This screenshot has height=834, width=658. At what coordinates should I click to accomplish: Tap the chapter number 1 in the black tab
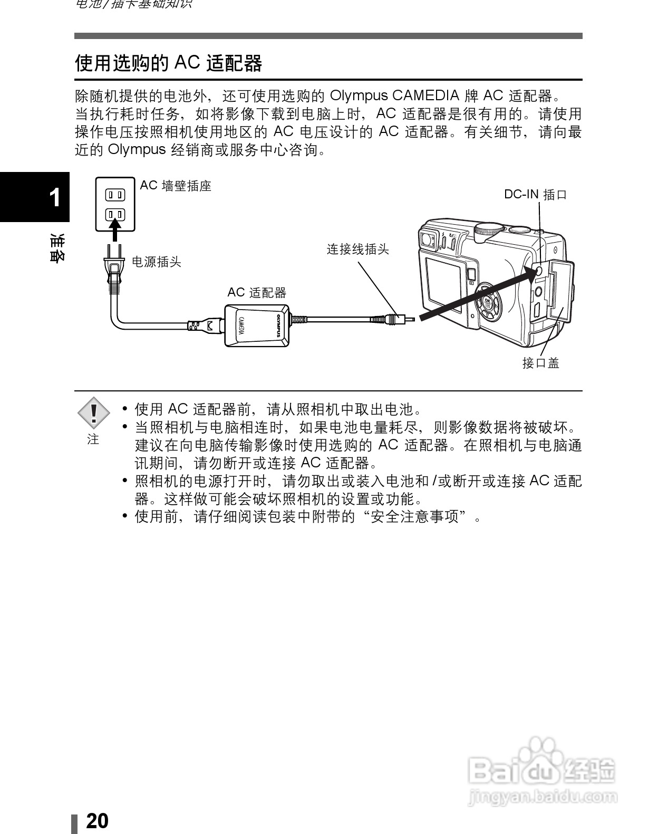[54, 198]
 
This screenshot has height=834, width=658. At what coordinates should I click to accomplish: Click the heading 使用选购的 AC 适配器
[168, 63]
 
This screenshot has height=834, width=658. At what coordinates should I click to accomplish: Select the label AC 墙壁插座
[176, 186]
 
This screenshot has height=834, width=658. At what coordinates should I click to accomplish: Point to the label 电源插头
[156, 262]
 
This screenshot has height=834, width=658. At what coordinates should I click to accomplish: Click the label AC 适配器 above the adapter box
[257, 292]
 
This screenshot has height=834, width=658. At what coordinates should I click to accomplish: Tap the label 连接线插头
[357, 249]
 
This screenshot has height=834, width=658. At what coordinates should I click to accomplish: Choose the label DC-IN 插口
[535, 195]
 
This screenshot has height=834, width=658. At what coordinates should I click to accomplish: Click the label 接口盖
[540, 363]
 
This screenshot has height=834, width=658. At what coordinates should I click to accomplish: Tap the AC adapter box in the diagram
[257, 325]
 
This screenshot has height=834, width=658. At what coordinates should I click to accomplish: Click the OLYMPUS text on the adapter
[280, 325]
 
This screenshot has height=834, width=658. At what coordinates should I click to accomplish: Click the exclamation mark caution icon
[93, 412]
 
